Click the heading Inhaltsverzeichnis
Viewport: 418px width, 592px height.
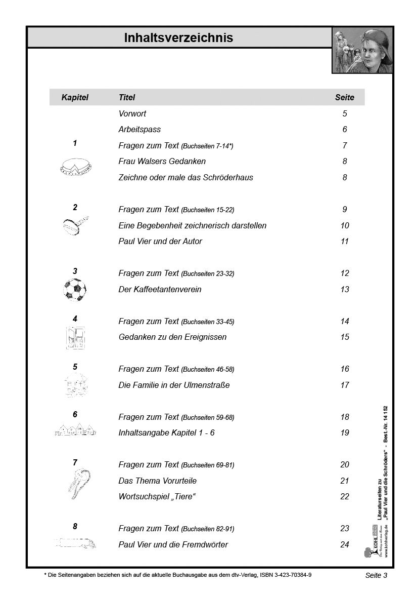pyautogui.click(x=178, y=37)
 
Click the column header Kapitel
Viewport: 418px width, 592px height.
pyautogui.click(x=75, y=97)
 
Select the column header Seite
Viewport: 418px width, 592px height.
pyautogui.click(x=345, y=97)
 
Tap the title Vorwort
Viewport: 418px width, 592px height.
pyautogui.click(x=132, y=113)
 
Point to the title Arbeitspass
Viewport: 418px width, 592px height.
pyautogui.click(x=140, y=129)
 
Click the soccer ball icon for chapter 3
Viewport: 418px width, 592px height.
pyautogui.click(x=75, y=290)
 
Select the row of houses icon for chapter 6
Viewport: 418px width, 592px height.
pyautogui.click(x=75, y=431)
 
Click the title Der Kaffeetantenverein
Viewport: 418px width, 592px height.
pyautogui.click(x=160, y=289)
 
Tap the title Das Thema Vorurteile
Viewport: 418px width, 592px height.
pyautogui.click(x=157, y=480)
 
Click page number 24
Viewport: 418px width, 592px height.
pyautogui.click(x=345, y=544)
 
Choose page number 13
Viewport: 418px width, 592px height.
pyautogui.click(x=345, y=289)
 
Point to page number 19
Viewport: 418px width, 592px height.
pyautogui.click(x=345, y=432)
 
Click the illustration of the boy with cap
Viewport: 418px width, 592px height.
pyautogui.click(x=363, y=51)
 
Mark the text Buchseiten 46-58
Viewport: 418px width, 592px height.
pyautogui.click(x=208, y=369)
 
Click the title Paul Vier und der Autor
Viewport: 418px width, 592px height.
pyautogui.click(x=160, y=241)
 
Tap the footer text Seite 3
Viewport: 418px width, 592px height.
pyautogui.click(x=376, y=575)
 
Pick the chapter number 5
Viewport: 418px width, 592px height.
pyautogui.click(x=75, y=367)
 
